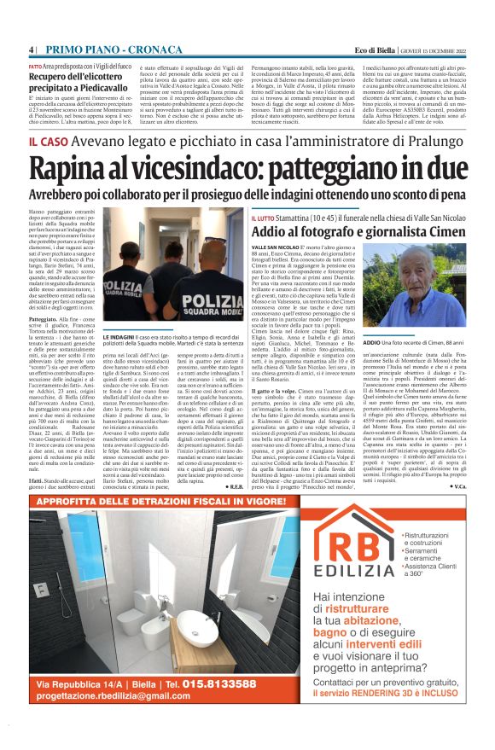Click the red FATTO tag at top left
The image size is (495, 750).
click(x=37, y=66)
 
